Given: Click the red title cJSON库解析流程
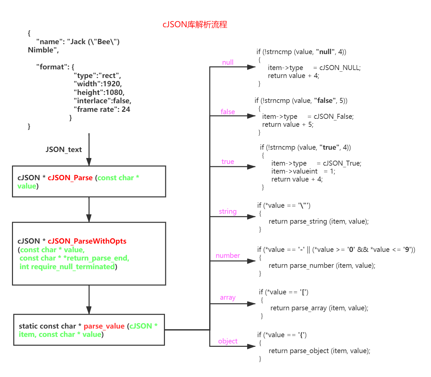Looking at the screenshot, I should pyautogui.click(x=195, y=25).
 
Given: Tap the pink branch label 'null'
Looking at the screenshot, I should pyautogui.click(x=228, y=62).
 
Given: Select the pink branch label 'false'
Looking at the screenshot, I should pyautogui.click(x=228, y=112).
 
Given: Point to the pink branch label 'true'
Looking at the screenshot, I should pyautogui.click(x=228, y=162).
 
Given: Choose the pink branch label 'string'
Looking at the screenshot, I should pyautogui.click(x=228, y=211).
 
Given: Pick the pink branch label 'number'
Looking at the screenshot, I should pyautogui.click(x=228, y=256).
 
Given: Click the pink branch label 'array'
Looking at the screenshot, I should pyautogui.click(x=228, y=298).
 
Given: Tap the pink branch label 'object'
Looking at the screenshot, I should pyautogui.click(x=228, y=341).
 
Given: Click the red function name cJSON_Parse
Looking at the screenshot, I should pyautogui.click(x=70, y=178).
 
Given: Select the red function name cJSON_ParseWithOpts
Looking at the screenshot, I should pyautogui.click(x=87, y=241).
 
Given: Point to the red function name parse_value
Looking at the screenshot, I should pyautogui.click(x=104, y=326).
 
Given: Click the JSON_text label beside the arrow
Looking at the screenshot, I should pyautogui.click(x=64, y=150).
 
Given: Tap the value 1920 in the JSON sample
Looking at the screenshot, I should pyautogui.click(x=112, y=84).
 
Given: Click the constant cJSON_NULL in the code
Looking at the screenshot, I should pyautogui.click(x=340, y=68).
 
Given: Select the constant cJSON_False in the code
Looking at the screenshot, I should pyautogui.click(x=334, y=116).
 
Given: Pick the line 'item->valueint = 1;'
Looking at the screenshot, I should pyautogui.click(x=303, y=171).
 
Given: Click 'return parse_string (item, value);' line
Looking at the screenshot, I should pyautogui.click(x=319, y=221).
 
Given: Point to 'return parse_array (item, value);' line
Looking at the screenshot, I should pyautogui.click(x=319, y=308).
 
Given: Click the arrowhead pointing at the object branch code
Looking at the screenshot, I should pyautogui.click(x=252, y=346).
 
